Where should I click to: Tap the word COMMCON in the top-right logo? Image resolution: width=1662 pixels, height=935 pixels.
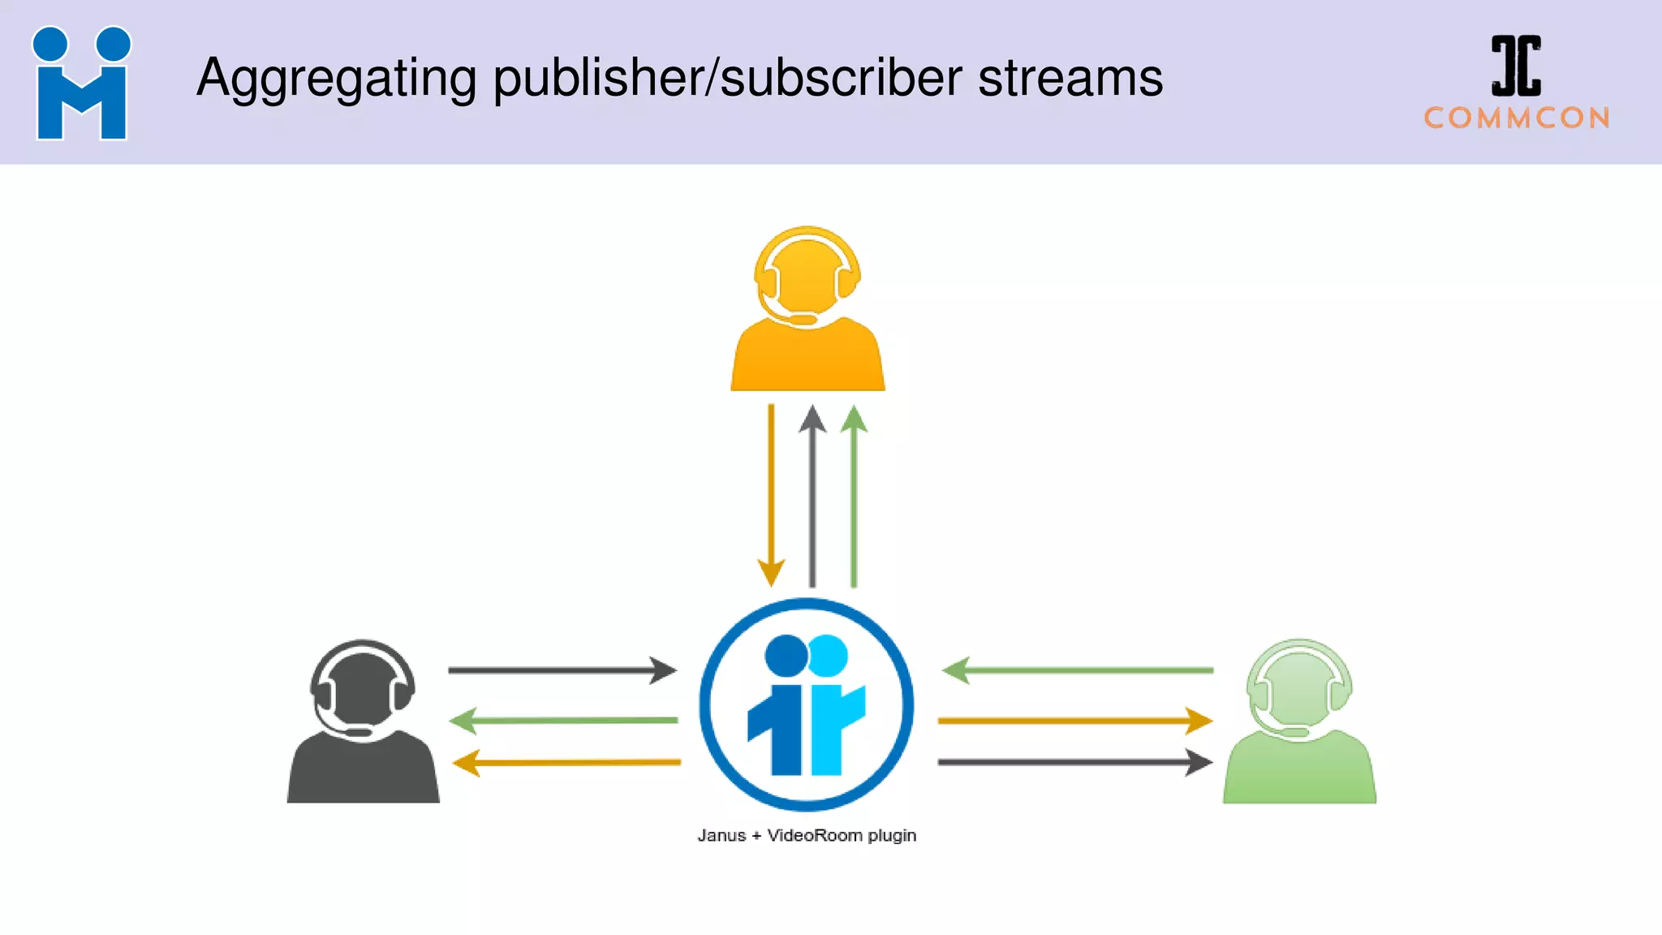(x=1517, y=118)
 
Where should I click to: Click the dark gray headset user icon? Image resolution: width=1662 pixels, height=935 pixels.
(x=363, y=722)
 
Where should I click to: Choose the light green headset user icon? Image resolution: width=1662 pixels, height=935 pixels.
(x=1299, y=722)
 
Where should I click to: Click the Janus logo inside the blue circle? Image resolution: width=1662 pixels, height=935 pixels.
(x=807, y=704)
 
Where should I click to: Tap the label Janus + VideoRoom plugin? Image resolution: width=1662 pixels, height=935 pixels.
(x=807, y=835)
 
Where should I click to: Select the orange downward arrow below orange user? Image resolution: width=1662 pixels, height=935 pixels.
(x=771, y=495)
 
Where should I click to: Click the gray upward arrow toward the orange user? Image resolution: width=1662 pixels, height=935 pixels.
(x=812, y=495)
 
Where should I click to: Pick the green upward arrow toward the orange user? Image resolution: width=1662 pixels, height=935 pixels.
(x=854, y=495)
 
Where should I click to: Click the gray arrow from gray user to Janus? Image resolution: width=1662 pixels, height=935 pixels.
(x=562, y=670)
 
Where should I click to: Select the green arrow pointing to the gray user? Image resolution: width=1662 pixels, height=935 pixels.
(x=563, y=720)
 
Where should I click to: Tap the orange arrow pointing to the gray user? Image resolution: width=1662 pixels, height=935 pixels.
(x=566, y=763)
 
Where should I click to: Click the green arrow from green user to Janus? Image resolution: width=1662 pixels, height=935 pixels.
(x=1077, y=670)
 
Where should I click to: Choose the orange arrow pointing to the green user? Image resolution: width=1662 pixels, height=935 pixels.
(x=1075, y=720)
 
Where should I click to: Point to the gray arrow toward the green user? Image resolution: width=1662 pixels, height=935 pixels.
(x=1075, y=762)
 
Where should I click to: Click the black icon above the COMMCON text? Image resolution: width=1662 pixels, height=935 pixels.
(x=1516, y=66)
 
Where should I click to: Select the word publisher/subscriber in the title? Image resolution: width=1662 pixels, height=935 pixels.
(x=727, y=79)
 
